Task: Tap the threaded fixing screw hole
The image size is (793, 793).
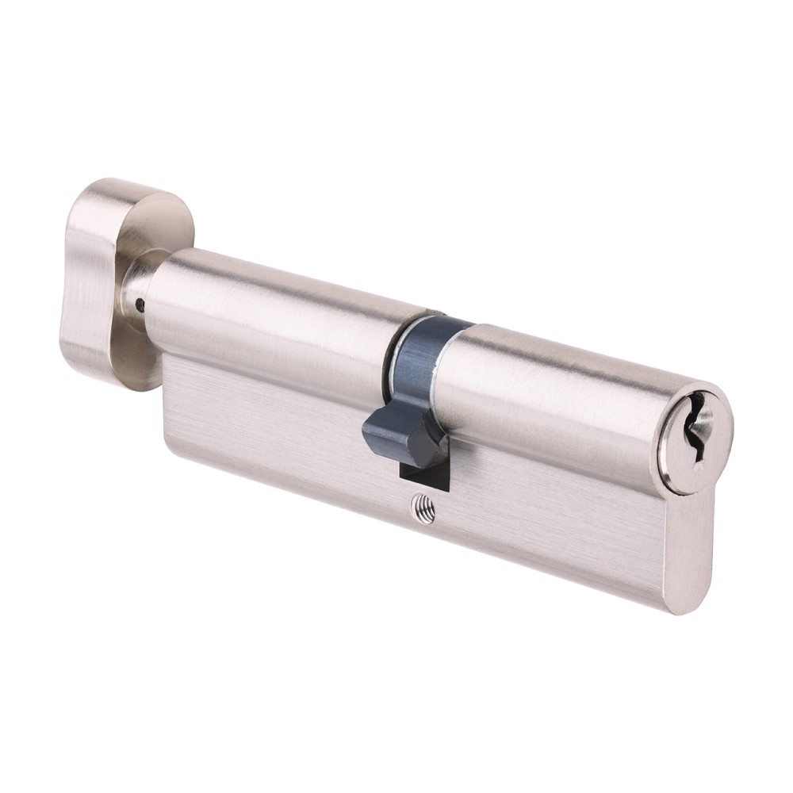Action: pyautogui.click(x=426, y=508)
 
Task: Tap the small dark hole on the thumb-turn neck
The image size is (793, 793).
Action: pyautogui.click(x=140, y=303)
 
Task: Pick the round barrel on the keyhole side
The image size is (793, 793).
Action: pyautogui.click(x=555, y=396)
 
